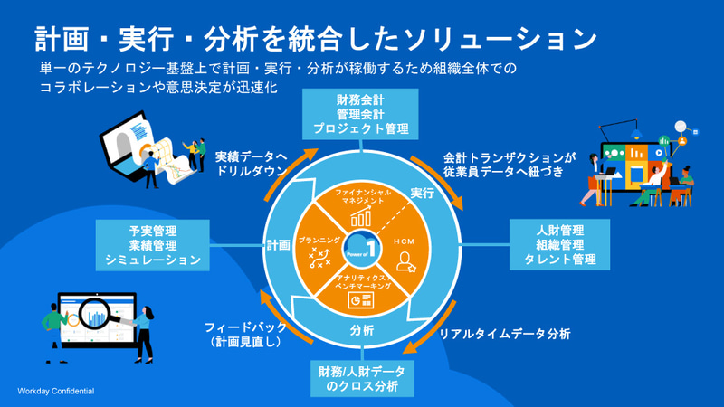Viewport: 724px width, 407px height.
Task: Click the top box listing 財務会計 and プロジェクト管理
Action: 360,112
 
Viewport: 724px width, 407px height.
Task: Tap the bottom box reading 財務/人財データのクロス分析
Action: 361,378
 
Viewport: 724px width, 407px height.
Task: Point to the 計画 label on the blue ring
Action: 278,244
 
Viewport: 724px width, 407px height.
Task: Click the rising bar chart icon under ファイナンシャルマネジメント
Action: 362,216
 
